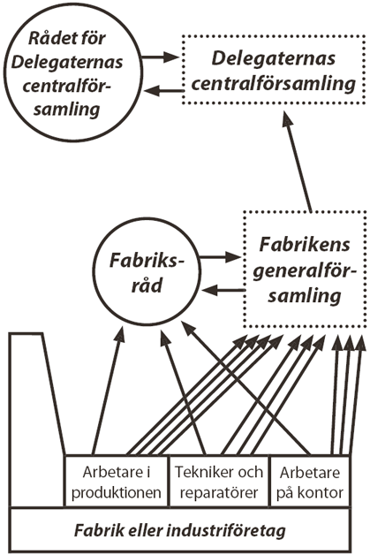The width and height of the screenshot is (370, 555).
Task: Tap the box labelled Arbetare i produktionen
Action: [x=116, y=482]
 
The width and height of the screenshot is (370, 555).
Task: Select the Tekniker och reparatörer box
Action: [x=219, y=482]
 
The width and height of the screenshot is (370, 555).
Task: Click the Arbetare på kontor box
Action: [x=310, y=482]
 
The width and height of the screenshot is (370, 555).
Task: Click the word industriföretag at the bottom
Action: [x=225, y=531]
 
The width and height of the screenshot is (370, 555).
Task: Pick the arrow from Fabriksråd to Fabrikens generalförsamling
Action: [x=220, y=257]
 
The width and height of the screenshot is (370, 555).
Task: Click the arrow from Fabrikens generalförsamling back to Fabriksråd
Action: [x=223, y=291]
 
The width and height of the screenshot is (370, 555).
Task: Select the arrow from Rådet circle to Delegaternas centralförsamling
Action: [x=158, y=57]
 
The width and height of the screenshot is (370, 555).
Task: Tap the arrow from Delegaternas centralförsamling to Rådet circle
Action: [x=163, y=91]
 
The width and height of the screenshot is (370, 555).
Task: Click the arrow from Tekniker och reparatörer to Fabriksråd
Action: [x=184, y=392]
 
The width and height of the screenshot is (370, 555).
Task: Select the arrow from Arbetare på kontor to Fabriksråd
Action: [x=245, y=388]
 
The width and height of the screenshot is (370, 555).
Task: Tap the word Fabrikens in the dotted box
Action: [x=305, y=245]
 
